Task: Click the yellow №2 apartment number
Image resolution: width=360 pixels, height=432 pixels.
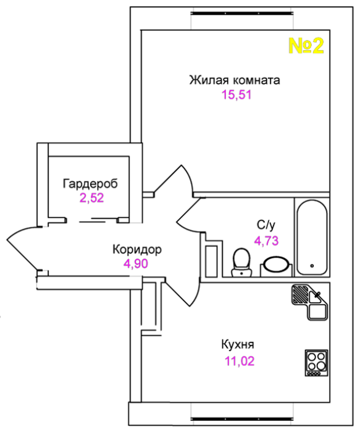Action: point(306,46)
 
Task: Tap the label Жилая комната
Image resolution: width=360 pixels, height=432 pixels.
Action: point(235,80)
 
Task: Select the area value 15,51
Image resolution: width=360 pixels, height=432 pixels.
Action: point(237,95)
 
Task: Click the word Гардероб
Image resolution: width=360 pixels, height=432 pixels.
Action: point(90,183)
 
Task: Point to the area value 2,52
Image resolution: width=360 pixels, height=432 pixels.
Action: point(91,198)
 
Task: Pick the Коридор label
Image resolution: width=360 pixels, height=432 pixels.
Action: point(137,249)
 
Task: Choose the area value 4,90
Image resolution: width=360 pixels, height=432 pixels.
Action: point(136,264)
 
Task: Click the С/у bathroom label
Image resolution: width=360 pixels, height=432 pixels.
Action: point(266,225)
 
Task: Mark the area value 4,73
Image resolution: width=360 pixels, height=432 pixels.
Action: point(266,241)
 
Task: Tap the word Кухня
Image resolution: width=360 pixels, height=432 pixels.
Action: point(238,344)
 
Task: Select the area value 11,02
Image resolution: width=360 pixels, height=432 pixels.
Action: point(240,361)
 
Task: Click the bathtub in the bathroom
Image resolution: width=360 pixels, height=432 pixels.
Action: point(312,238)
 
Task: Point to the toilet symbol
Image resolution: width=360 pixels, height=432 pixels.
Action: point(241,262)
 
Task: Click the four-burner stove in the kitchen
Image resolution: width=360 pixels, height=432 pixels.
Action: point(316,363)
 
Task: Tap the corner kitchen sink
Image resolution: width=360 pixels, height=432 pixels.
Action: point(310,302)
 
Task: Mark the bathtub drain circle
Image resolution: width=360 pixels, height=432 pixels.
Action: point(312,266)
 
